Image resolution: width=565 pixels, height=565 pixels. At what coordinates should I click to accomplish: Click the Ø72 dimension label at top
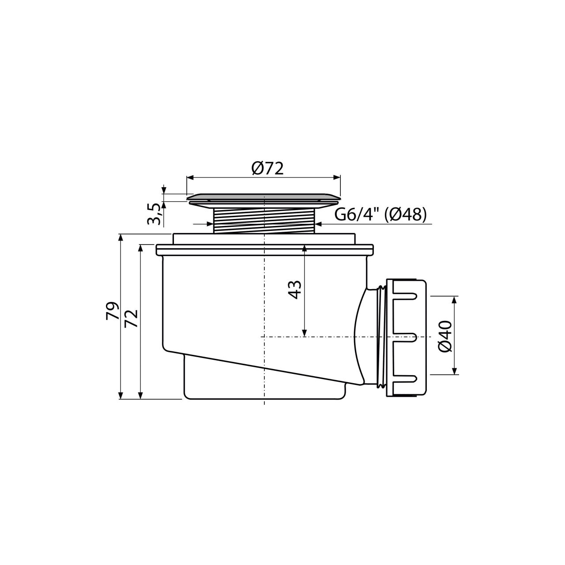(267, 169)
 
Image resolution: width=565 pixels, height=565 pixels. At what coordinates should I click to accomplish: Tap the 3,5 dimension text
(154, 214)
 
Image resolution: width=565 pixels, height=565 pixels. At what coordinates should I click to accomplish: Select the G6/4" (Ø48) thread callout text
(380, 215)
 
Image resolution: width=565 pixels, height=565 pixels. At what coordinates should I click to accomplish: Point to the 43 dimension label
(295, 290)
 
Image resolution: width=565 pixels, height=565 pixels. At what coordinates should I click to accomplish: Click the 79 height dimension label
(113, 311)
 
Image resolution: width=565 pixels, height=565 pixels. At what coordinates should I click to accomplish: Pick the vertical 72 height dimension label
(131, 319)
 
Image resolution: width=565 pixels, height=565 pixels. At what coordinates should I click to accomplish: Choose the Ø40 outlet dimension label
(445, 336)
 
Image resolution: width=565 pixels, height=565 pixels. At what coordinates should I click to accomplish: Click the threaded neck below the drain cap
(264, 221)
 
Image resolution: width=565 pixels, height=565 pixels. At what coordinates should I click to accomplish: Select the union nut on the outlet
(406, 338)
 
